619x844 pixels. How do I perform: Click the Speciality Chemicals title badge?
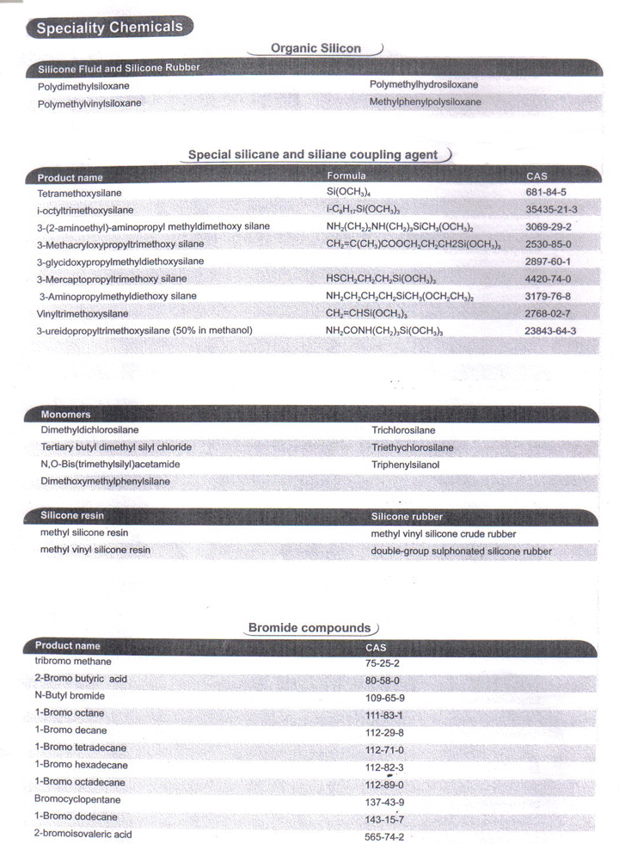(x=110, y=28)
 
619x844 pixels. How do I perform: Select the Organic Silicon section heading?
(x=316, y=49)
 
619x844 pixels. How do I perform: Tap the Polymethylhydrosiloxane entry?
(x=424, y=84)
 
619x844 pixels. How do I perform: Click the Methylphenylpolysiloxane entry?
(x=426, y=102)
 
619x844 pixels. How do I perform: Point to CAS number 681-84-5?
(x=546, y=192)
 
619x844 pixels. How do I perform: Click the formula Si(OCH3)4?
(x=348, y=192)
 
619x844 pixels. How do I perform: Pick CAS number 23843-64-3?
(x=550, y=330)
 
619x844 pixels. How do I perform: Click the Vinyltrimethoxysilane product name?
(x=83, y=313)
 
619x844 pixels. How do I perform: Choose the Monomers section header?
(x=65, y=415)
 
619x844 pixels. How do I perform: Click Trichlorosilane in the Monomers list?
(x=403, y=430)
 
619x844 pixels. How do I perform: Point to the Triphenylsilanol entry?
(x=405, y=465)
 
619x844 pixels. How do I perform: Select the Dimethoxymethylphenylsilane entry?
(x=106, y=482)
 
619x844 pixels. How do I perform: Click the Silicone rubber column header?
(x=407, y=517)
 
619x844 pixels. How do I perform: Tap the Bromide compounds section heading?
(x=310, y=628)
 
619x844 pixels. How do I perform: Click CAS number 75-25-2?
(x=383, y=663)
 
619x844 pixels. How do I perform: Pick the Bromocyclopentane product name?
(x=79, y=799)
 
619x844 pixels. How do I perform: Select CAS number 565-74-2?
(x=384, y=836)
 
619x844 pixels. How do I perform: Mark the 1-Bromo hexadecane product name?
(x=82, y=764)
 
